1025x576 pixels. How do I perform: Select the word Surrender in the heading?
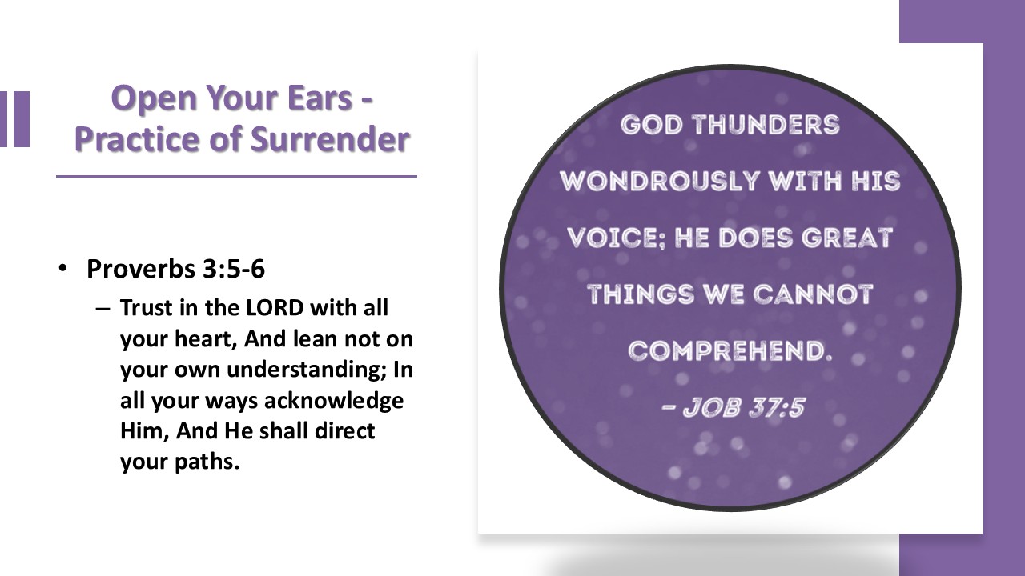pyautogui.click(x=330, y=139)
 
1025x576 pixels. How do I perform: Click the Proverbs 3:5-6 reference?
pyautogui.click(x=175, y=269)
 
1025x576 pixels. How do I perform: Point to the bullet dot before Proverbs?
pyautogui.click(x=63, y=268)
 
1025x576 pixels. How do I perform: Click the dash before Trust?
pyautogui.click(x=103, y=309)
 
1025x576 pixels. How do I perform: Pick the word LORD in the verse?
pyautogui.click(x=275, y=308)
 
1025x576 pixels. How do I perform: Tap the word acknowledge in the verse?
pyautogui.click(x=334, y=401)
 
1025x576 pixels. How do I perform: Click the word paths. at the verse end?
pyautogui.click(x=207, y=462)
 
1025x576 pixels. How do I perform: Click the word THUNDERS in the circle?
pyautogui.click(x=766, y=125)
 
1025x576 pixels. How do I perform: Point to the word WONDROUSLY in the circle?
pyautogui.click(x=659, y=181)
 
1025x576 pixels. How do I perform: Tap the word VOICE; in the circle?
pyautogui.click(x=617, y=238)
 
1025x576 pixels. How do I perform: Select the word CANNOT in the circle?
pyautogui.click(x=813, y=294)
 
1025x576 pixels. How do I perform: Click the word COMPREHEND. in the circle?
pyautogui.click(x=730, y=351)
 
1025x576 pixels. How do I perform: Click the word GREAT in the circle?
pyautogui.click(x=847, y=238)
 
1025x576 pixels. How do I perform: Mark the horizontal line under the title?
pyautogui.click(x=236, y=176)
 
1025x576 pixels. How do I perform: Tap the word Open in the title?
pyautogui.click(x=154, y=99)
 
